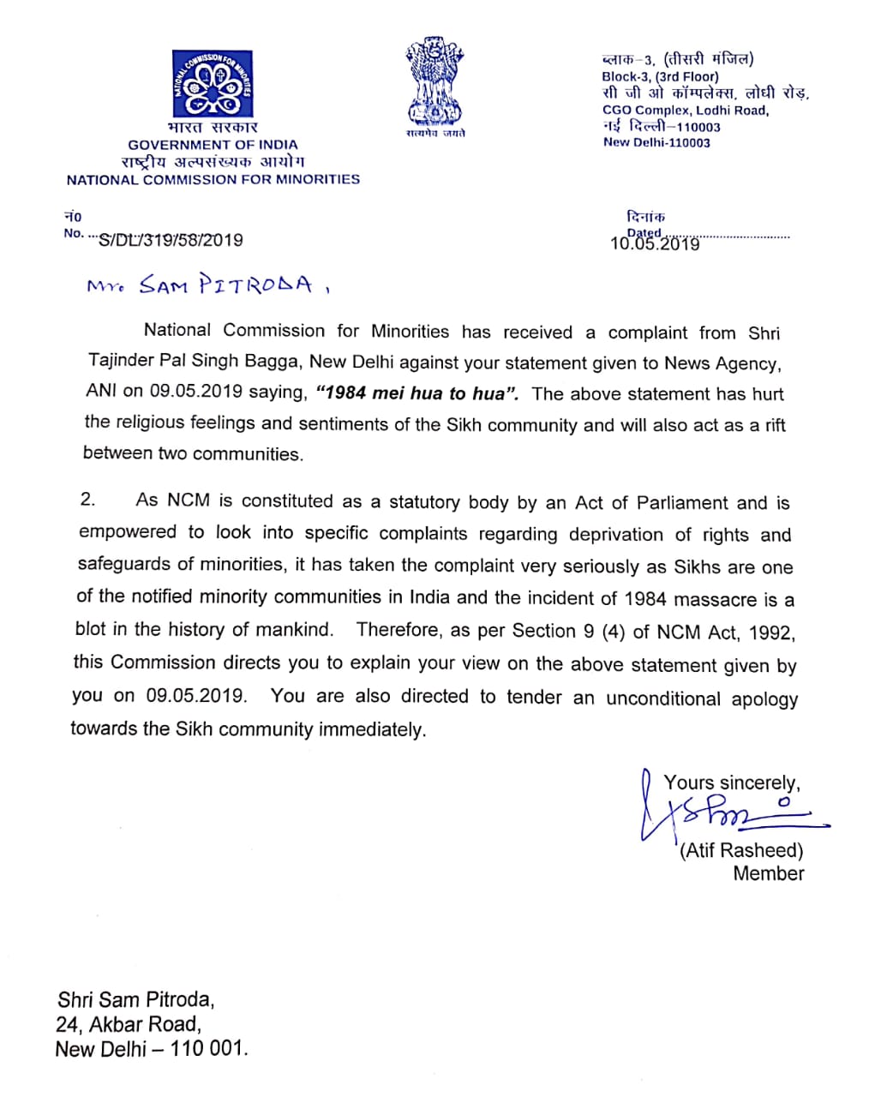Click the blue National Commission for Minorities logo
(213, 84)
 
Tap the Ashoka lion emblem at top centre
(435, 81)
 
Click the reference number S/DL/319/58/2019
(171, 240)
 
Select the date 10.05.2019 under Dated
(655, 243)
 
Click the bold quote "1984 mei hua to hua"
(417, 393)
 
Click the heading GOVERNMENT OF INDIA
(213, 145)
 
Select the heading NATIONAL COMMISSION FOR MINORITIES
(213, 180)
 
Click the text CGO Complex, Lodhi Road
(686, 110)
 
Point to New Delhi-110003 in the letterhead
(656, 142)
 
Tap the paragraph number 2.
(88, 500)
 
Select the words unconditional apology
(702, 698)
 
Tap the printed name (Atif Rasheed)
(742, 850)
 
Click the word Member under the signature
(768, 873)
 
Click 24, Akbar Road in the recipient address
(129, 1024)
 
